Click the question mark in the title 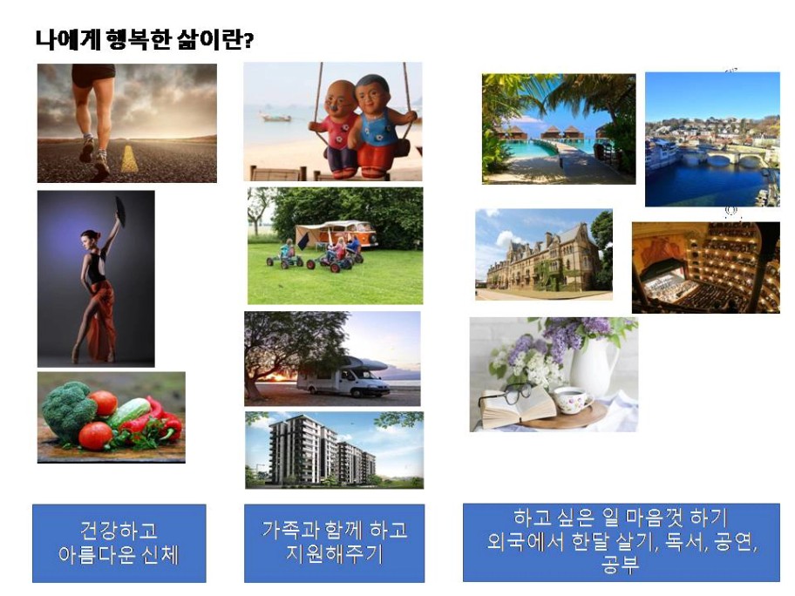248,40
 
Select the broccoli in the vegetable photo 68,410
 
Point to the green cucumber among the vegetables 129,413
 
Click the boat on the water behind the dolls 275,117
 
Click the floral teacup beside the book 573,400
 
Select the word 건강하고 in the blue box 119,531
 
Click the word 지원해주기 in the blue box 335,553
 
